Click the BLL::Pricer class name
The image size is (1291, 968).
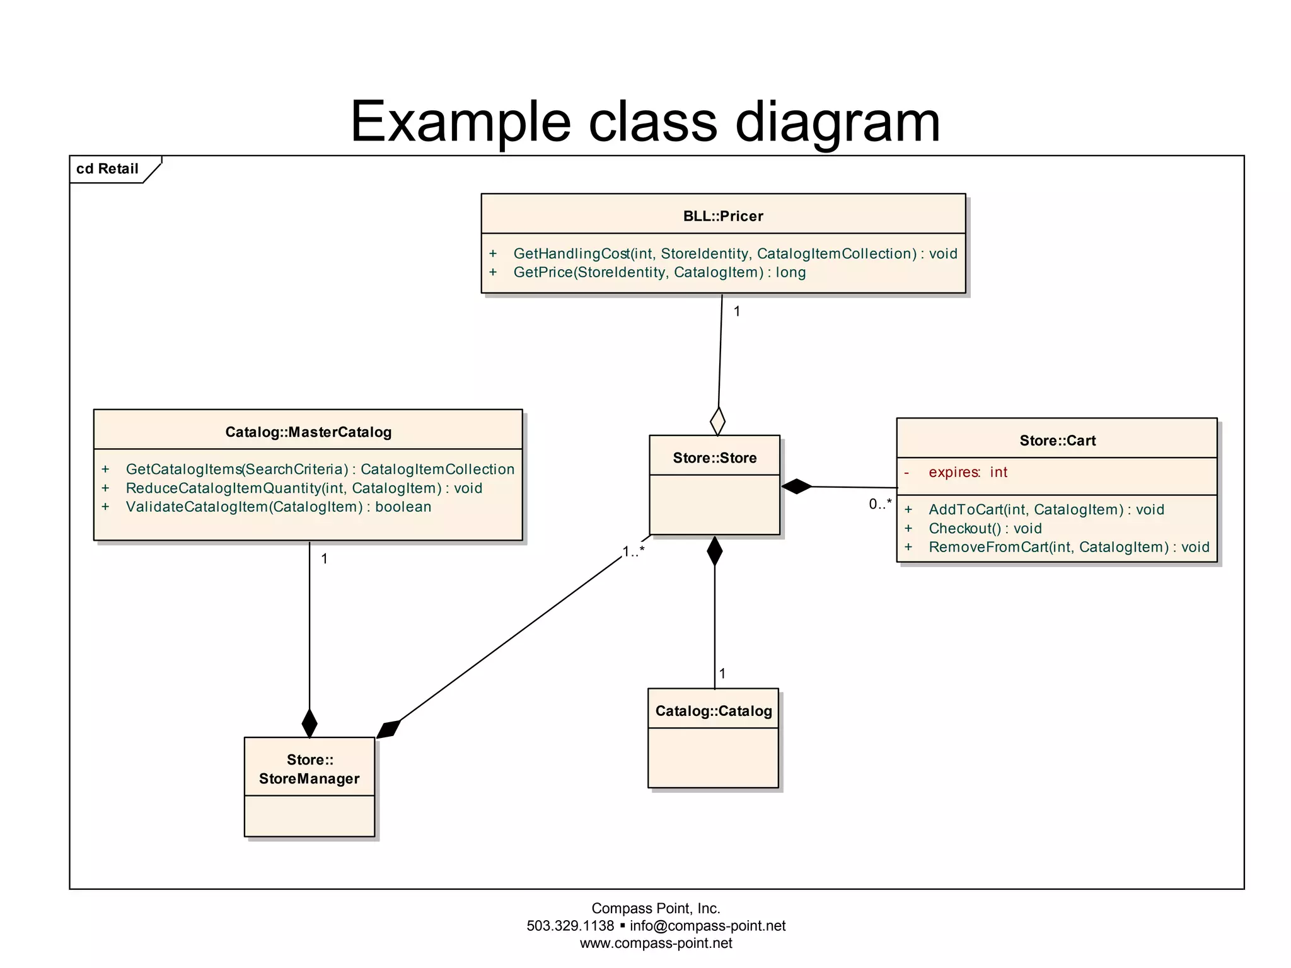(723, 216)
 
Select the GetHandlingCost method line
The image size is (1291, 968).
(734, 253)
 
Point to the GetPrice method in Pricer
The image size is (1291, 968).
(659, 272)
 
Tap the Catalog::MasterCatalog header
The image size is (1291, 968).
(308, 432)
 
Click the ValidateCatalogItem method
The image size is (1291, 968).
(278, 507)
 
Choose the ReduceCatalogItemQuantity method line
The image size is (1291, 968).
(304, 488)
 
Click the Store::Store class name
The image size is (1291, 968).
(714, 458)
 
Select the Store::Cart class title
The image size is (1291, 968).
(1057, 441)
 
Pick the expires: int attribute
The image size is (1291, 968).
(968, 472)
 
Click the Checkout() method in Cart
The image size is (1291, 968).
(985, 528)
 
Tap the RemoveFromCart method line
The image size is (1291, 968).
(1068, 547)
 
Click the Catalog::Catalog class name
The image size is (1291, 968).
(714, 711)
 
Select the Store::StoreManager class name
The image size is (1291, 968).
(309, 769)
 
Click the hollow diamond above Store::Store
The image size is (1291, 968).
(717, 420)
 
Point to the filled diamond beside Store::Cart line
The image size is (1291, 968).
(797, 487)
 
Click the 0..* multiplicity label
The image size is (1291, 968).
(880, 504)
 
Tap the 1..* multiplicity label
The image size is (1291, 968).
(634, 551)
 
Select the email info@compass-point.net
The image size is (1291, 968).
(707, 926)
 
